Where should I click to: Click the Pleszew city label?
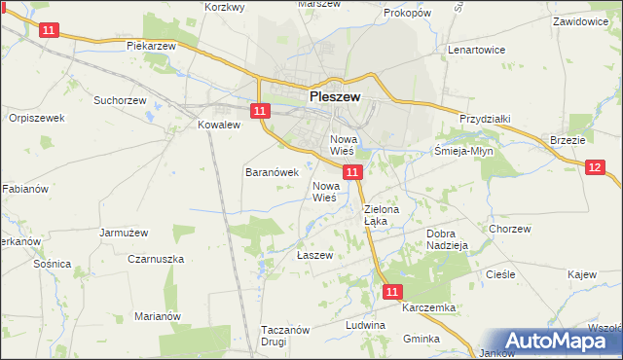[x=335, y=97]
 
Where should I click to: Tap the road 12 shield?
[x=596, y=167]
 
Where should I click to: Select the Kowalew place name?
[x=218, y=126]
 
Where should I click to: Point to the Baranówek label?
[x=264, y=171]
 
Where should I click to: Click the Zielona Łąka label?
[x=376, y=215]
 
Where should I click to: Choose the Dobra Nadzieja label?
[x=448, y=239]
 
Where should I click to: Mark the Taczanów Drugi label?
[x=285, y=336]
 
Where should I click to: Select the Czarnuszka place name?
[x=156, y=259]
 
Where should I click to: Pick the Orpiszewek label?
[x=36, y=118]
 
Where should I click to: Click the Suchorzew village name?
[x=119, y=99]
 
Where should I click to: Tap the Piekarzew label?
[x=150, y=46]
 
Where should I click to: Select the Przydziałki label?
[x=485, y=118]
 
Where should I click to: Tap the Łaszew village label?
[x=314, y=255]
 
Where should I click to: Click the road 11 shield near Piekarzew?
[x=49, y=31]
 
